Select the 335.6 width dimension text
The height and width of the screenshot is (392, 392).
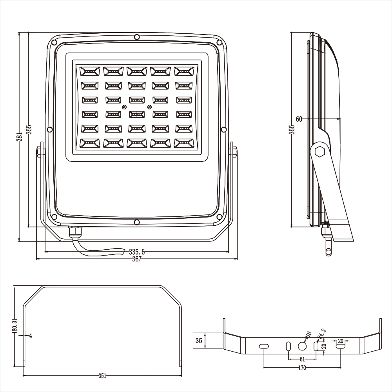(137, 252)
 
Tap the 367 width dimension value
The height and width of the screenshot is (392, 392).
(137, 259)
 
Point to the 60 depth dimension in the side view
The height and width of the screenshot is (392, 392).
(299, 119)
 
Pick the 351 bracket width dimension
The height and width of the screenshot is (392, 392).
(102, 376)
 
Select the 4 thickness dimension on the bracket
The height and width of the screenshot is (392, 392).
(31, 336)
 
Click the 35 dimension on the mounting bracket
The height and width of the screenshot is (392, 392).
(199, 341)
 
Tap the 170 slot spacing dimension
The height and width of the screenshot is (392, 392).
(302, 368)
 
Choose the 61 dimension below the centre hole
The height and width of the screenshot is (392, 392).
(302, 359)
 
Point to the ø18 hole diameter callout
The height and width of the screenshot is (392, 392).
(308, 335)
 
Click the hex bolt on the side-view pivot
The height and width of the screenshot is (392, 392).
(320, 151)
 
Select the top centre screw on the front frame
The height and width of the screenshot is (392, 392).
(136, 37)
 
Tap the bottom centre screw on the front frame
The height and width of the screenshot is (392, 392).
(136, 222)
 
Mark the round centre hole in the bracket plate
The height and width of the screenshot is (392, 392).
(302, 347)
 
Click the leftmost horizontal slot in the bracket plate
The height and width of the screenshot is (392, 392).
(263, 347)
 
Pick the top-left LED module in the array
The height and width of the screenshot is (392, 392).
(89, 71)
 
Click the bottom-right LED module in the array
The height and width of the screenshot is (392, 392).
(184, 143)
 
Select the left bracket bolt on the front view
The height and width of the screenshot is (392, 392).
(40, 151)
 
